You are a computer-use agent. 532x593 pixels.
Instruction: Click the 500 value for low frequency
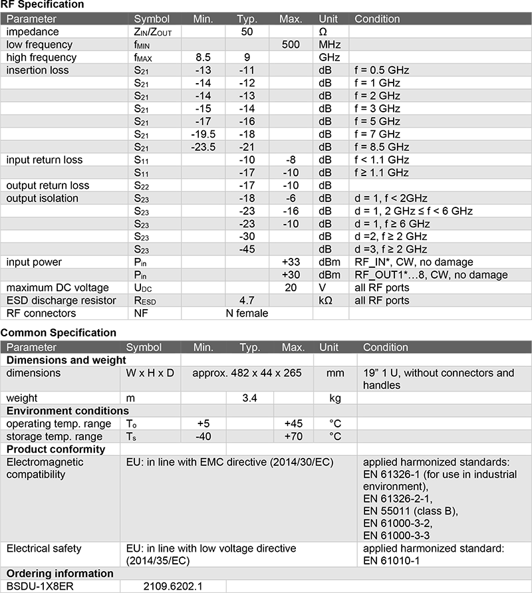point(291,45)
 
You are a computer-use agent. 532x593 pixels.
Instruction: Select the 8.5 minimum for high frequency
point(203,57)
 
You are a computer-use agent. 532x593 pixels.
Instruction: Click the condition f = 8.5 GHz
point(382,147)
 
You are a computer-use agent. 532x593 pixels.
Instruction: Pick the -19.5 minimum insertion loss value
point(203,134)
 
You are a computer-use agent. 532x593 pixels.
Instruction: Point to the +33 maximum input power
point(291,262)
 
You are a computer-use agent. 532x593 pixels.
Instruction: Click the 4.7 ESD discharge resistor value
point(247,300)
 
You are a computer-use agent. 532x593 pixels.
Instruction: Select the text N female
point(246,313)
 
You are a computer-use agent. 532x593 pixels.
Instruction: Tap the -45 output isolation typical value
point(247,249)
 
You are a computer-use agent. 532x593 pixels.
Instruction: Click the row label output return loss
point(48,185)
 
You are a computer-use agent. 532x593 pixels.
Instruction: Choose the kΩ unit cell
point(326,300)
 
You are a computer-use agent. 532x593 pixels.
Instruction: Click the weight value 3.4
point(249,398)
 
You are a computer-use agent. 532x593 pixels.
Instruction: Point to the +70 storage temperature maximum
point(293,437)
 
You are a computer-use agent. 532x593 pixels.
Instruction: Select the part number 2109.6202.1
point(172,586)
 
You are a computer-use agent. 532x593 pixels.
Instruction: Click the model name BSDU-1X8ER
point(38,586)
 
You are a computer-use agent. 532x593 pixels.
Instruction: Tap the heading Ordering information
point(60,574)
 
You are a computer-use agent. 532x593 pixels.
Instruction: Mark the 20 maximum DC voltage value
point(291,288)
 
